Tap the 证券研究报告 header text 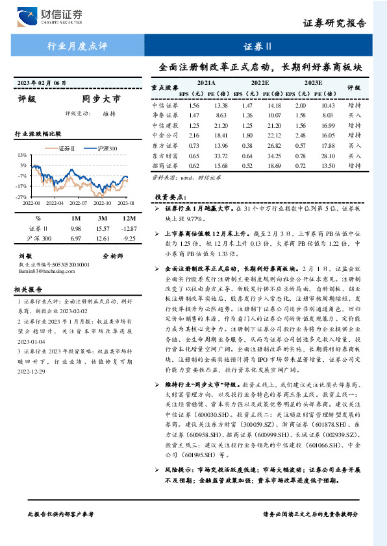tap(343, 24)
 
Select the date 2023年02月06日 tap(42, 83)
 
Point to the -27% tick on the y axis tap(21, 196)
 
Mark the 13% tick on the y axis tap(22, 156)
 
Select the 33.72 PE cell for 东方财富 tap(221, 156)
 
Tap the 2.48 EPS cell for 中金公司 tap(300, 136)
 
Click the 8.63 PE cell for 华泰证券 tap(221, 115)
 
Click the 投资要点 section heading tap(170, 196)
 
